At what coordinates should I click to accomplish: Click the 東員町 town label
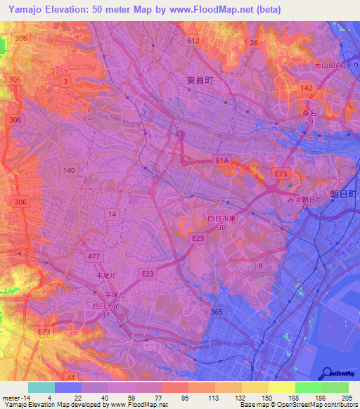click(200, 81)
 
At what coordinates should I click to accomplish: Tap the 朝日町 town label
click(345, 193)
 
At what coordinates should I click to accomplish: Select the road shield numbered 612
click(193, 41)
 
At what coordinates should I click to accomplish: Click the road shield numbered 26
click(254, 43)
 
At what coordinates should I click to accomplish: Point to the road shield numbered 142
click(306, 88)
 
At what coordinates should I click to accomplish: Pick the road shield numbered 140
click(69, 170)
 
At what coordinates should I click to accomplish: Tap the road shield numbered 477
click(94, 256)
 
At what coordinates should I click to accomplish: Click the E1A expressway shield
click(222, 161)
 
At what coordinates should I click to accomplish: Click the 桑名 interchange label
click(309, 112)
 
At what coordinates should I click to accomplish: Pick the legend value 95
click(184, 397)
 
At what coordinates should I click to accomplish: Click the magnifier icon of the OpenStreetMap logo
click(328, 373)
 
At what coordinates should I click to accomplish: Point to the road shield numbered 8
click(261, 266)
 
